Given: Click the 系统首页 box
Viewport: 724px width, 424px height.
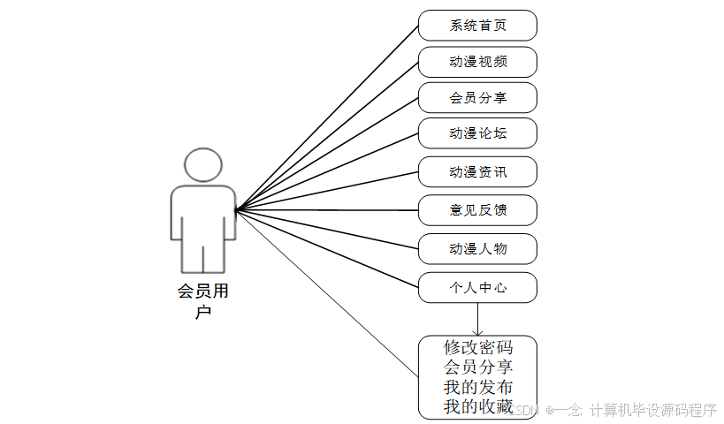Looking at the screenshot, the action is [x=477, y=25].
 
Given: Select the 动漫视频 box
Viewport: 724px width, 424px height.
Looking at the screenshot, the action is [x=477, y=62].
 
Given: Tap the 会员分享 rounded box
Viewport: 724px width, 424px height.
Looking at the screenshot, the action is [x=477, y=97].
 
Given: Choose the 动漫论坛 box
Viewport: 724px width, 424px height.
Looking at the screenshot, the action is [x=477, y=133].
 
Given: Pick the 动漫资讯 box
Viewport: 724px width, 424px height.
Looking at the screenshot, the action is [x=477, y=171].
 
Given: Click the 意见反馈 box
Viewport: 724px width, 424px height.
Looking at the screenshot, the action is [x=477, y=210].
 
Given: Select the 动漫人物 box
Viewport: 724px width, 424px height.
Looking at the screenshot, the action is [x=477, y=248].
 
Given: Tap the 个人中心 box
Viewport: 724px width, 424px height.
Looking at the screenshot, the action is [x=477, y=287].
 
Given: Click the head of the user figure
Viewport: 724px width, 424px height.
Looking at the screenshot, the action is [x=203, y=165].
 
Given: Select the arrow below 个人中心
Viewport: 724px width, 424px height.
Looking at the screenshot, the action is [x=477, y=318].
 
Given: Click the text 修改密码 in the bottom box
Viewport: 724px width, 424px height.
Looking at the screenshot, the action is [x=478, y=347].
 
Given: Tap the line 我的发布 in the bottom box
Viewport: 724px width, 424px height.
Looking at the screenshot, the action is [x=478, y=387].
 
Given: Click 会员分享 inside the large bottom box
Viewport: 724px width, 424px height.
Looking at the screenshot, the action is [x=478, y=367].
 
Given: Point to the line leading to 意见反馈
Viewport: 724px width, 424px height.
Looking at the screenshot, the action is [x=327, y=210].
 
